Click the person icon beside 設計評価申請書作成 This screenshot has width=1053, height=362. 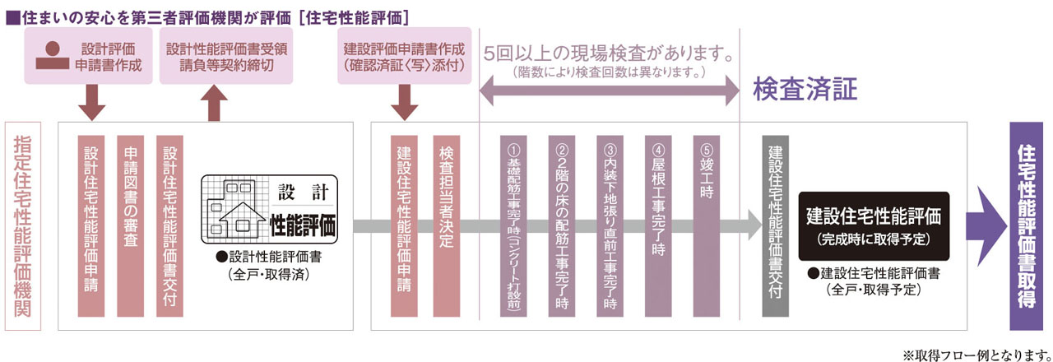52,55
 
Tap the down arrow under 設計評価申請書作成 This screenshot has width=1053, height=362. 91,102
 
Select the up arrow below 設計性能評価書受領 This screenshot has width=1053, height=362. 214,103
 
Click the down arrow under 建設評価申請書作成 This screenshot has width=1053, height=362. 404,102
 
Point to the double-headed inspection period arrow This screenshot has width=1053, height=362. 610,90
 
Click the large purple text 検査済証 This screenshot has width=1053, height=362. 805,90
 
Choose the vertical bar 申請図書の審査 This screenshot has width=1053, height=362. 130,226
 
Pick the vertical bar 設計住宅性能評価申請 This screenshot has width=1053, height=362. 91,226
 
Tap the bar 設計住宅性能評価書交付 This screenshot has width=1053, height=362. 169,226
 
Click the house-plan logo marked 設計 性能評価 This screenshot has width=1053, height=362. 269,209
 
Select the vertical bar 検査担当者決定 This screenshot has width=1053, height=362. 447,226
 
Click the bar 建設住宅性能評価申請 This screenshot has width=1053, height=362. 404,226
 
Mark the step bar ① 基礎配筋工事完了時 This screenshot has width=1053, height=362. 513,226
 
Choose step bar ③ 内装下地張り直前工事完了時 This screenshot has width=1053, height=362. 610,226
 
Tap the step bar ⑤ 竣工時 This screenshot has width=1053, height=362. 707,226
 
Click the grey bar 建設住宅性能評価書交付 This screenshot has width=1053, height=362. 776,226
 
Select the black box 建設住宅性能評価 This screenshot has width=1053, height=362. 874,226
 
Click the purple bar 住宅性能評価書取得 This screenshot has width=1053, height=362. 1026,226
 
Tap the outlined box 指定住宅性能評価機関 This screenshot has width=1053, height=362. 23,226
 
